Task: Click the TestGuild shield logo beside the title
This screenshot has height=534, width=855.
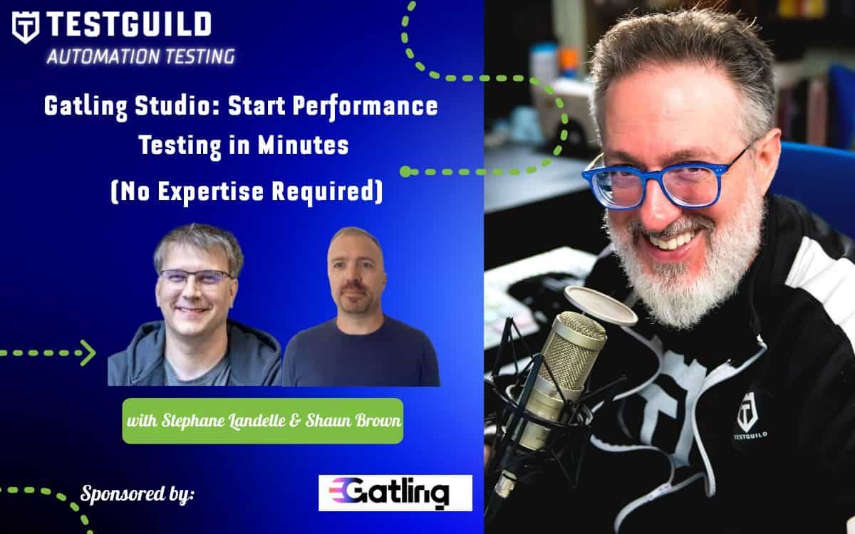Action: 25,27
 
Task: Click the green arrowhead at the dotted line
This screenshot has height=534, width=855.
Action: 88,352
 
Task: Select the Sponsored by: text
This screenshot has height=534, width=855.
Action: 138,493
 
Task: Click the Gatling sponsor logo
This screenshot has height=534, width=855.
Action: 395,493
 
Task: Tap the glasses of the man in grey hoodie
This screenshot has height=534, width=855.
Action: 195,276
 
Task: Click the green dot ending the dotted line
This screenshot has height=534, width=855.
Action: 405,172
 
